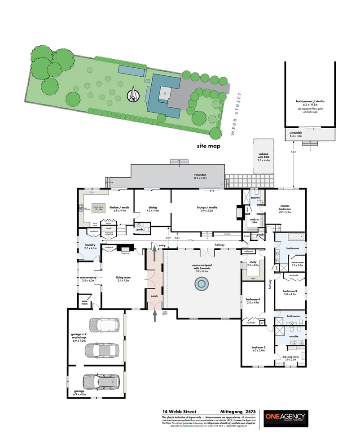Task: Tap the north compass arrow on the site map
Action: (133, 95)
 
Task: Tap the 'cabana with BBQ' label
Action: (263, 158)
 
